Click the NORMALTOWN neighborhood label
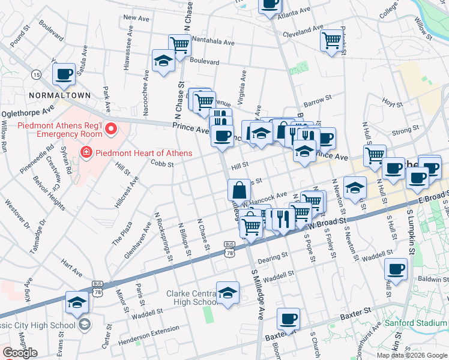tap(61, 95)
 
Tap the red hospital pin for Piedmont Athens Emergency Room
tap(110, 128)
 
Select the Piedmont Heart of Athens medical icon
tap(86, 153)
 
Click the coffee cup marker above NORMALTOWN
tap(64, 74)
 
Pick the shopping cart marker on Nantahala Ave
tap(179, 44)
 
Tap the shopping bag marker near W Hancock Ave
tap(239, 190)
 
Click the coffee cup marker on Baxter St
tap(289, 319)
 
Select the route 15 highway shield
tap(37, 74)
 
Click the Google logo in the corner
tap(20, 352)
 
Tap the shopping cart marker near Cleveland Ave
tap(331, 41)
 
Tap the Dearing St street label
tap(273, 260)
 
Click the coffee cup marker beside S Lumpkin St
tap(396, 269)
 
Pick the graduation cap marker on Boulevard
tap(163, 61)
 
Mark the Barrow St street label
tap(318, 98)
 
